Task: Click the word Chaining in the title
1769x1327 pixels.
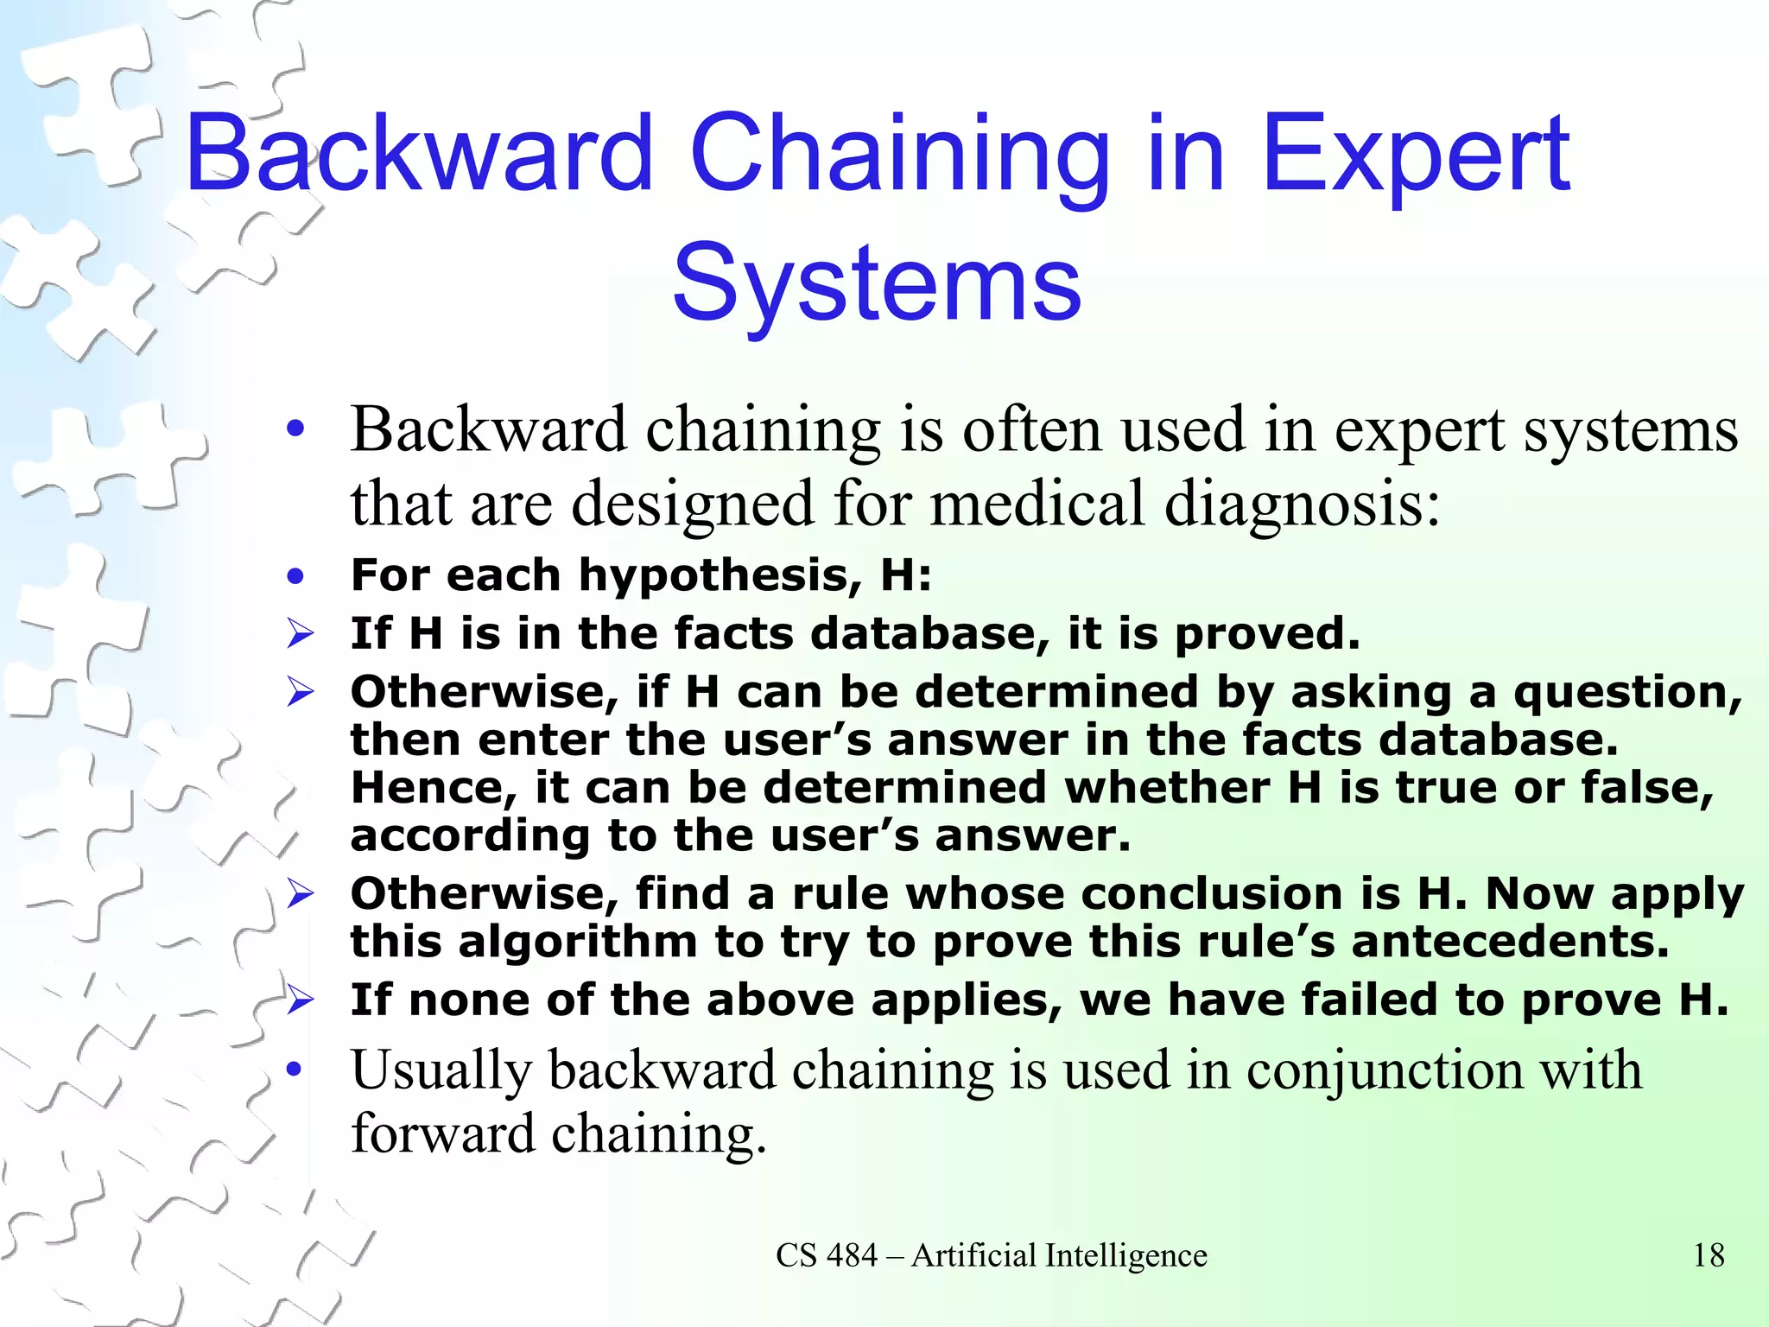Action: (899, 154)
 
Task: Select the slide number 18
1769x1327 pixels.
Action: (1708, 1255)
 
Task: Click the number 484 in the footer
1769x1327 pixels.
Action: (851, 1255)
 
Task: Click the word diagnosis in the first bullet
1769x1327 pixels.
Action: (1302, 505)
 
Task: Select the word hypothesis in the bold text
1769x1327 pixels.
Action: (720, 575)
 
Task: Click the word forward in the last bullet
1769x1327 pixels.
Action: (442, 1133)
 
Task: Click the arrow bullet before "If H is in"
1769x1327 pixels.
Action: (300, 635)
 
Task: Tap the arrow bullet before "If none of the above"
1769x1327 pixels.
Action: (300, 1000)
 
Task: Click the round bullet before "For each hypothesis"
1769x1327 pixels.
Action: (296, 576)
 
